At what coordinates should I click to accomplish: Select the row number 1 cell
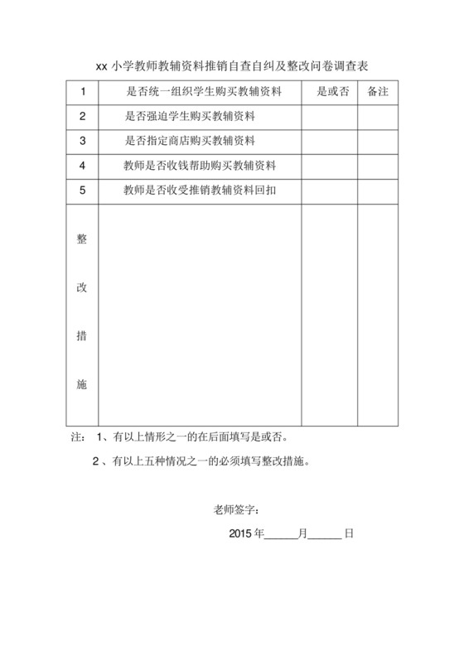pyautogui.click(x=82, y=92)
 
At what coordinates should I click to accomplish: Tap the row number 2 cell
pyautogui.click(x=82, y=117)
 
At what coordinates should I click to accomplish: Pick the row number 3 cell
pyautogui.click(x=82, y=141)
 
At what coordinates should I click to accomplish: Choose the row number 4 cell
pyautogui.click(x=82, y=166)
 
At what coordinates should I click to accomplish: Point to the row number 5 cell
pyautogui.click(x=82, y=190)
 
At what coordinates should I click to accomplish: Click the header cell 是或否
pyautogui.click(x=332, y=92)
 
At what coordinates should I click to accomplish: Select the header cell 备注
pyautogui.click(x=379, y=92)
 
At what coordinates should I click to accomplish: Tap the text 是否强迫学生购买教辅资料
pyautogui.click(x=189, y=117)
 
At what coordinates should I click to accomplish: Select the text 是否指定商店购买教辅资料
pyautogui.click(x=189, y=141)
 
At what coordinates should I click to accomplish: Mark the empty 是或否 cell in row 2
pyautogui.click(x=330, y=117)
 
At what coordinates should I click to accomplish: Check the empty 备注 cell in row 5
pyautogui.click(x=379, y=190)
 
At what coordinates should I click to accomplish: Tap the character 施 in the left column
pyautogui.click(x=81, y=385)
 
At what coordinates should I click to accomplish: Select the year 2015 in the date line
pyautogui.click(x=240, y=534)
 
